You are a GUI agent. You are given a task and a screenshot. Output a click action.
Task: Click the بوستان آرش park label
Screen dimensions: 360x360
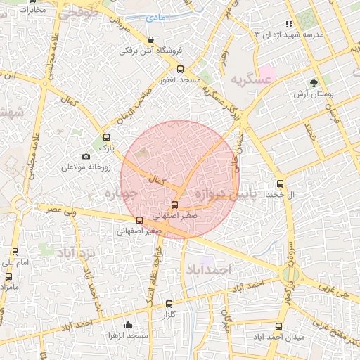314,94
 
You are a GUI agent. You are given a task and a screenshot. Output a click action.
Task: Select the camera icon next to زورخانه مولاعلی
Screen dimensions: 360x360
86,156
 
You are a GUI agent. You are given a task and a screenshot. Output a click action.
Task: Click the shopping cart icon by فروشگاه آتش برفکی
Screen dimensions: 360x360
153,39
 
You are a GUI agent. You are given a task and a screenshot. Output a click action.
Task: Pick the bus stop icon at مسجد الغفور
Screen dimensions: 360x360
181,70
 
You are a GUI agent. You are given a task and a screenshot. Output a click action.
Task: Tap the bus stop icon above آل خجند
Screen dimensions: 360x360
281,184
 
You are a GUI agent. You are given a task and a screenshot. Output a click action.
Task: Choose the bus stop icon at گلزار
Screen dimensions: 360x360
169,304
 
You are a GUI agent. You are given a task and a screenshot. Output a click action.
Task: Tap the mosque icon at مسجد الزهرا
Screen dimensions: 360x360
128,324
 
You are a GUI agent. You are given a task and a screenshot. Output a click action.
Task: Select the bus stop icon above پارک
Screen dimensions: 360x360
107,138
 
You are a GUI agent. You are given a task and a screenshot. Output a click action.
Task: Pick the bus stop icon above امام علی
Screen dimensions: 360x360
14,252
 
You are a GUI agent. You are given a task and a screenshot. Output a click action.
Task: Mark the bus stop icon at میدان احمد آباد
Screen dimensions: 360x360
279,326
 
